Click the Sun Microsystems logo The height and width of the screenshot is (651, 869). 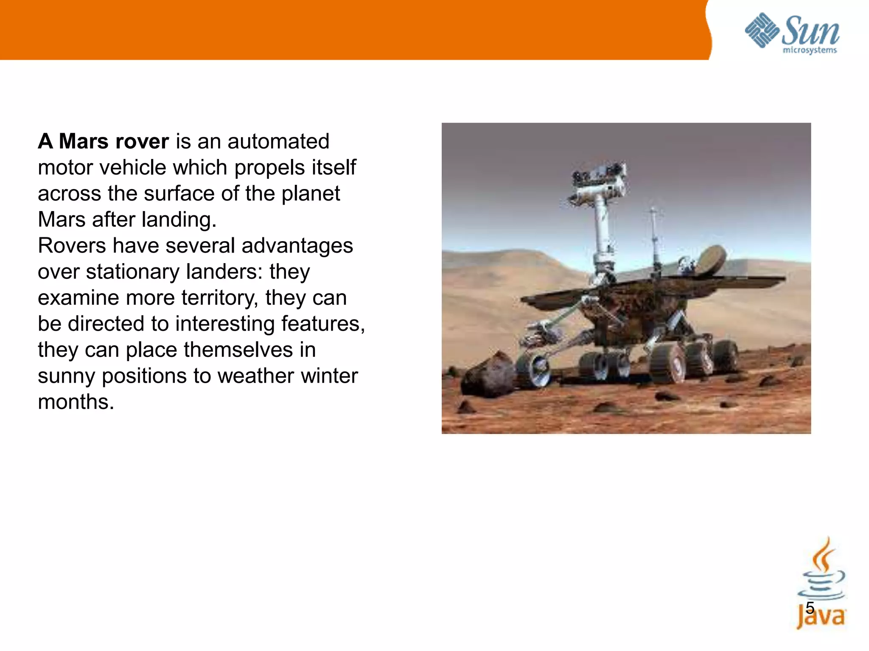pos(792,33)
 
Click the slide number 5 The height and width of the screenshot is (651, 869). pos(810,608)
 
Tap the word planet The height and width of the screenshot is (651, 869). pos(311,194)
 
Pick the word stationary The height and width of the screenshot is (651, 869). pos(133,272)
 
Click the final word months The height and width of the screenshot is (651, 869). pos(76,402)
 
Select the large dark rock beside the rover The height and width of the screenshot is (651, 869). pos(488,375)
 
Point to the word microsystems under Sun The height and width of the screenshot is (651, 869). pos(809,50)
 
